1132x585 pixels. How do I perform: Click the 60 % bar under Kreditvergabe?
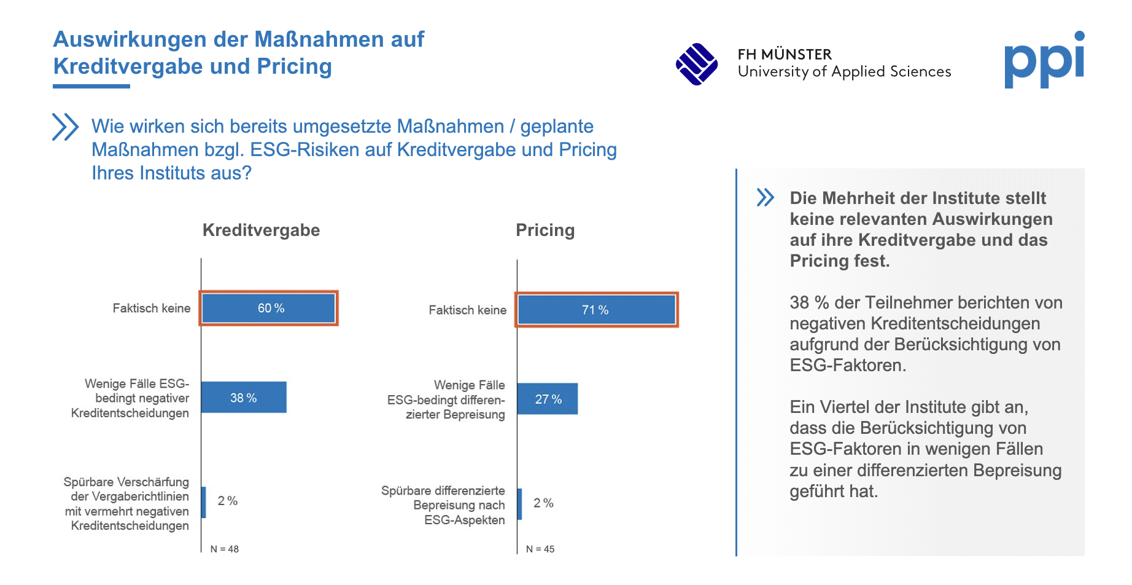tap(269, 308)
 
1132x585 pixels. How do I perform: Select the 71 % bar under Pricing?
tap(597, 310)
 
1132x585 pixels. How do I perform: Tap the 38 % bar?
tap(244, 398)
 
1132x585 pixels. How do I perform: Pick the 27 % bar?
tap(548, 399)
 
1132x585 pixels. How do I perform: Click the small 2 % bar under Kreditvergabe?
tap(204, 502)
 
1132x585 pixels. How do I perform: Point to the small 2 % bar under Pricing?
tap(520, 504)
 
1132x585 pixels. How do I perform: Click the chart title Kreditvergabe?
tap(261, 230)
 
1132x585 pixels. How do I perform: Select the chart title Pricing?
tap(545, 230)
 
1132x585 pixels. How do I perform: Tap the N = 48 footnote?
tap(225, 549)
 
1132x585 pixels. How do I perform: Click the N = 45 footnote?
tap(540, 549)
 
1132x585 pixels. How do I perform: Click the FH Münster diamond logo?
tap(697, 64)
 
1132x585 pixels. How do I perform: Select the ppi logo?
tap(1045, 60)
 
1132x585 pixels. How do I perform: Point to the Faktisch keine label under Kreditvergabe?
tap(152, 308)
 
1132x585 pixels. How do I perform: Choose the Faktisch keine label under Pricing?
tap(468, 310)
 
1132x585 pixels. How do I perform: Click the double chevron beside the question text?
tap(66, 127)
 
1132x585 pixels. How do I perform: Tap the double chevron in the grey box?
tap(766, 197)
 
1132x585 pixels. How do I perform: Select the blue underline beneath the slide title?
tap(91, 87)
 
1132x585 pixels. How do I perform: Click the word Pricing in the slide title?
tap(295, 66)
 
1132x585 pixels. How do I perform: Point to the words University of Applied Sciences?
tap(845, 72)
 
